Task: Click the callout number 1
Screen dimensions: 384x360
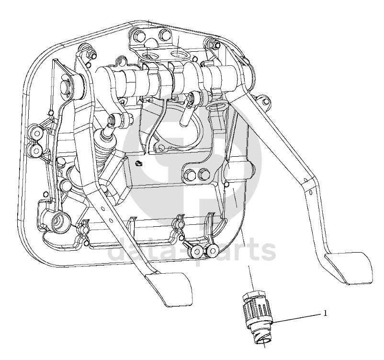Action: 325,313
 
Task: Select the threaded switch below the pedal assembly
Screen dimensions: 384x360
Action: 258,316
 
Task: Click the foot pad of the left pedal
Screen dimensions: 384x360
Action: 169,290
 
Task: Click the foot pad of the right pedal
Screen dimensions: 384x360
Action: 349,268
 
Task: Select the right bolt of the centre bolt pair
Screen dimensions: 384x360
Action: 204,173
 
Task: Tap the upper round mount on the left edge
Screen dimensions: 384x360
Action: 37,133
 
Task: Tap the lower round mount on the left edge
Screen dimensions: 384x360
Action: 36,149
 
